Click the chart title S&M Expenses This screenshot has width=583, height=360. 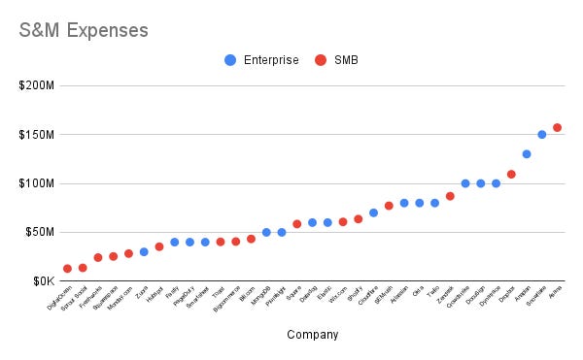pyautogui.click(x=85, y=30)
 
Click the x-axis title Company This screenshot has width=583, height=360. pyautogui.click(x=313, y=335)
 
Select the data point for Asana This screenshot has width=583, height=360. pyautogui.click(x=557, y=127)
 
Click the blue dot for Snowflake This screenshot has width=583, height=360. pyautogui.click(x=542, y=135)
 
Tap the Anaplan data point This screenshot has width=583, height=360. pyautogui.click(x=527, y=154)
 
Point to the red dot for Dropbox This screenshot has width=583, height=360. pyautogui.click(x=511, y=175)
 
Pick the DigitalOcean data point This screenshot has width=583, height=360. pyautogui.click(x=67, y=269)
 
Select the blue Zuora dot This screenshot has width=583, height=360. pyautogui.click(x=144, y=251)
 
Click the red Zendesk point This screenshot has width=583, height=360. pyautogui.click(x=450, y=196)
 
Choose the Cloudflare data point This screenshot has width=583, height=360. pyautogui.click(x=373, y=213)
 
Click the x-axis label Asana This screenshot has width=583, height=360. pyautogui.click(x=553, y=293)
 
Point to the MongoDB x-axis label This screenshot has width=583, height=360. pyautogui.click(x=258, y=296)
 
